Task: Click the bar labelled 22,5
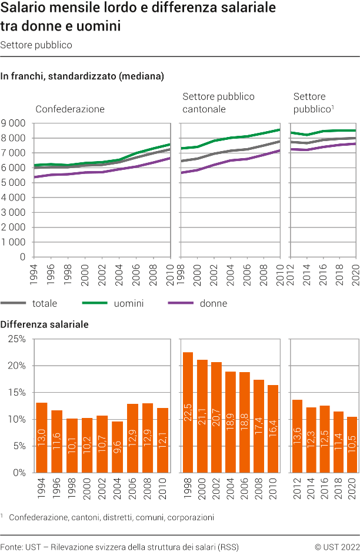click(x=188, y=412)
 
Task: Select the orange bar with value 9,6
click(x=117, y=446)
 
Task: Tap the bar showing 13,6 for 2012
click(x=298, y=436)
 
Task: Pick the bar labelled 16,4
click(x=273, y=429)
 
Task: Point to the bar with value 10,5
click(x=351, y=444)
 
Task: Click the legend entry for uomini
click(x=112, y=303)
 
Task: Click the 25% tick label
click(x=16, y=339)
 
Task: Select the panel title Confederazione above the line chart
click(x=70, y=109)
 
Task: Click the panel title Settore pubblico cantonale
click(x=218, y=102)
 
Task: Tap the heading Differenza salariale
click(x=45, y=324)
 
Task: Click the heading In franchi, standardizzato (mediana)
click(x=82, y=76)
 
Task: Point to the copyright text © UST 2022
click(x=337, y=546)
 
